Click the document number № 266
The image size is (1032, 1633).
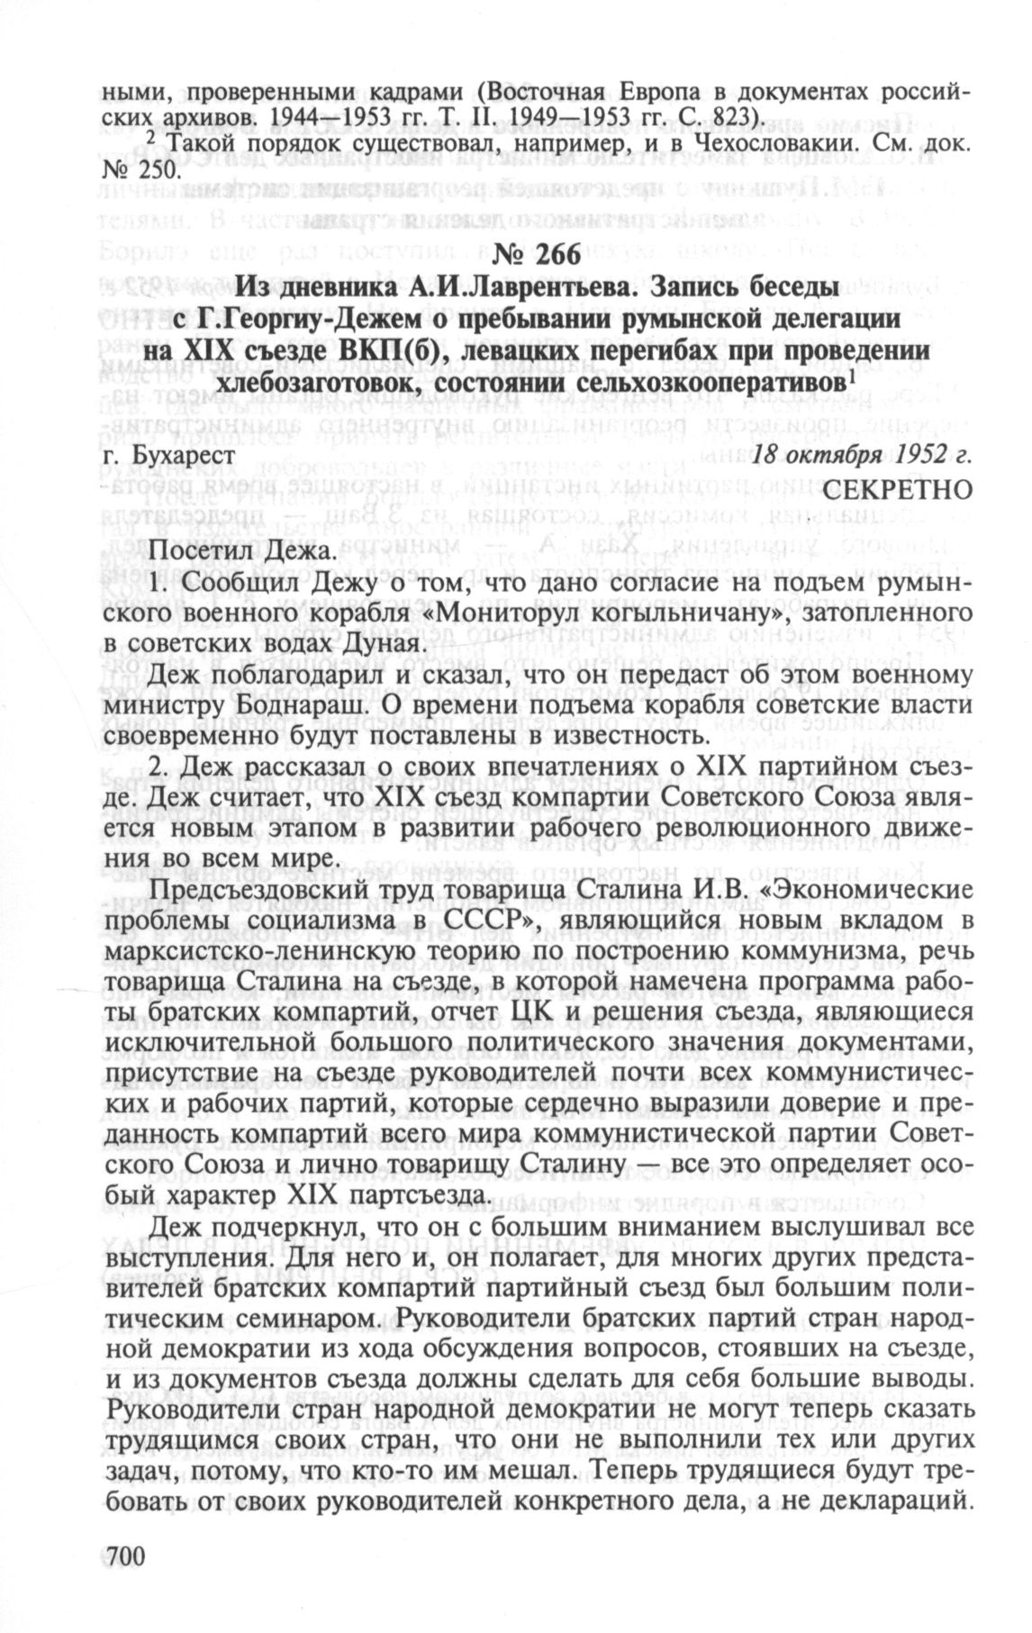[x=517, y=256]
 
